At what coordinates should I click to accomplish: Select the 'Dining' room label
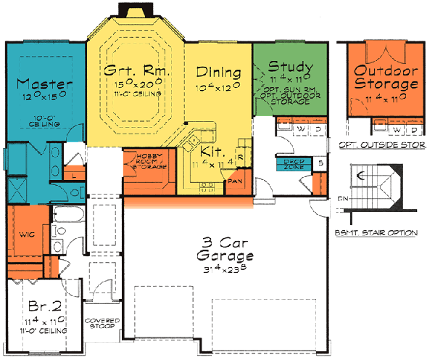(x=218, y=73)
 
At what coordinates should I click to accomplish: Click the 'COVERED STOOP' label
(x=101, y=324)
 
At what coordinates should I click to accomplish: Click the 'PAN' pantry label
(x=235, y=181)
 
